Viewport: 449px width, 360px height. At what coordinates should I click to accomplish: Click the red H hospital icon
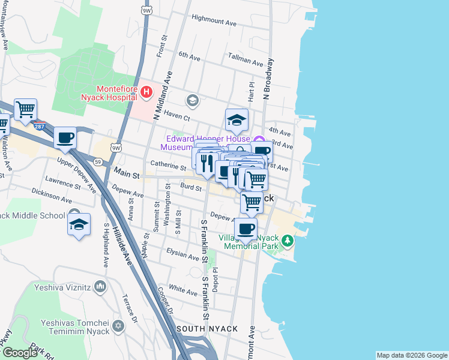click(146, 92)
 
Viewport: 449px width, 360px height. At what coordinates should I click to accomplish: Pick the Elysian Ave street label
click(182, 256)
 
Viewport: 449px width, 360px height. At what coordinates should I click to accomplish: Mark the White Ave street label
click(182, 290)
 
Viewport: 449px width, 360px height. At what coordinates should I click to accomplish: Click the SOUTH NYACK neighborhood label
click(207, 329)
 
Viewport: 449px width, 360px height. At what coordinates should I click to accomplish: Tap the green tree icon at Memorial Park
click(288, 241)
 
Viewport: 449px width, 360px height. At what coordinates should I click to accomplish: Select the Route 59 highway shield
click(98, 160)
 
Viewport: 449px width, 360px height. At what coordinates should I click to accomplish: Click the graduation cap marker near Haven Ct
click(237, 120)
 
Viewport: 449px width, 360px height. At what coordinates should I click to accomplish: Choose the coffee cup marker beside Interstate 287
click(65, 138)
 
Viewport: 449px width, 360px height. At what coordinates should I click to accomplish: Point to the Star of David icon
click(118, 326)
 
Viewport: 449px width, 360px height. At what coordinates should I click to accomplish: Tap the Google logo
click(20, 353)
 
